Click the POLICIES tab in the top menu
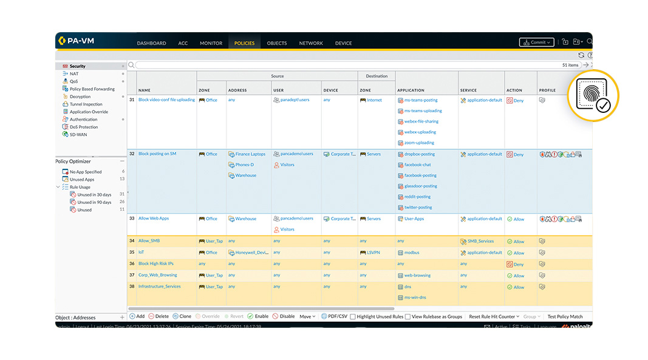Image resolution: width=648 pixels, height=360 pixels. click(244, 43)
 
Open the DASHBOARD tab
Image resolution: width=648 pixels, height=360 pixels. click(151, 43)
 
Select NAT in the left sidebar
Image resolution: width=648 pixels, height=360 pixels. click(73, 73)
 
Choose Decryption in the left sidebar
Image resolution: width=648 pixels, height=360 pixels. click(80, 97)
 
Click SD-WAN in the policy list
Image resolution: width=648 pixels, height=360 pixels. click(78, 134)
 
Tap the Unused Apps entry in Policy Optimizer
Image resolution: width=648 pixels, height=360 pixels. click(81, 180)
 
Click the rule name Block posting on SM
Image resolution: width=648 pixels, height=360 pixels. click(157, 154)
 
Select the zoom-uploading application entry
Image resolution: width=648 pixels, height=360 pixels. click(419, 143)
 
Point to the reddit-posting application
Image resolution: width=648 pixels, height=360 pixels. click(417, 197)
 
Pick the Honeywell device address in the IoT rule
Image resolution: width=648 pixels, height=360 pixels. click(251, 253)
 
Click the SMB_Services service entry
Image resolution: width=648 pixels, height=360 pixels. click(480, 241)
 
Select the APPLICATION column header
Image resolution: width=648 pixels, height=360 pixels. click(411, 90)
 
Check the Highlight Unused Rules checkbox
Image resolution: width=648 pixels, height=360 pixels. click(353, 317)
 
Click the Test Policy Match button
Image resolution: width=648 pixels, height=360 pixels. click(565, 316)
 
